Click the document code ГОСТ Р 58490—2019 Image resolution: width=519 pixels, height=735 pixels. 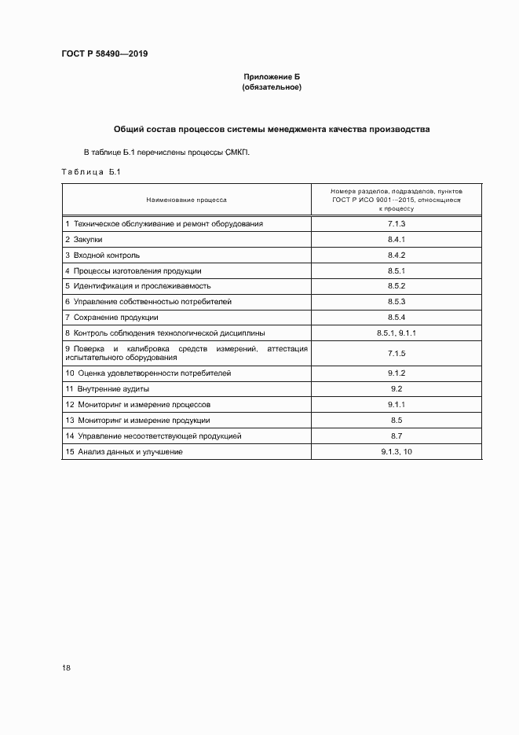[104, 53]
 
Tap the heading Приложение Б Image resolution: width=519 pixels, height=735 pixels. [271, 76]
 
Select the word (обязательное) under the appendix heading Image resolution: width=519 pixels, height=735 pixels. [271, 87]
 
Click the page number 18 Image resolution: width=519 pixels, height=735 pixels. [66, 667]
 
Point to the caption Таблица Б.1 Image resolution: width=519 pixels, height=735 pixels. [90, 172]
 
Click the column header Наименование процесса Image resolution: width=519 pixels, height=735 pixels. [186, 200]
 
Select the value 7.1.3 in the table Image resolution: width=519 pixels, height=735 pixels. [396, 224]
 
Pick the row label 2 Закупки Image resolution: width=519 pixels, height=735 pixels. [84, 239]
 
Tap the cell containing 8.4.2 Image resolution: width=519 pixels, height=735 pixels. [396, 255]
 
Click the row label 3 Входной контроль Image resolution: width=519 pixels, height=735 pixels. [102, 255]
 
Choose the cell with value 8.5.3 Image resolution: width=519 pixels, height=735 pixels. [396, 301]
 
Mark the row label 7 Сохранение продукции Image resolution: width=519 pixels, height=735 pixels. [111, 317]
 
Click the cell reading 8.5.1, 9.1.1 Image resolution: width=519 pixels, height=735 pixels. [396, 333]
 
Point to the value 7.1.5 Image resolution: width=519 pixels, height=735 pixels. [396, 353]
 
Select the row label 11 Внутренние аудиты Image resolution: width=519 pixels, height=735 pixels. [107, 388]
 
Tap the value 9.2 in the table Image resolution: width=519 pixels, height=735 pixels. [396, 388]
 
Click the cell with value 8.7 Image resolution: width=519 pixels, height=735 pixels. [396, 435]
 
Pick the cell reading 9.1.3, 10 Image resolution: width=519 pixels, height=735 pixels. [396, 451]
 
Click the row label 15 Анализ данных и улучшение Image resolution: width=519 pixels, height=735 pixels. [124, 451]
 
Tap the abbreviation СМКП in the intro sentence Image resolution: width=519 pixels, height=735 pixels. [235, 152]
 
